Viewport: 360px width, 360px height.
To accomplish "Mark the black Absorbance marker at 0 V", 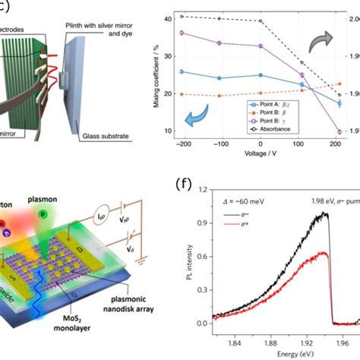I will (261, 21).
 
